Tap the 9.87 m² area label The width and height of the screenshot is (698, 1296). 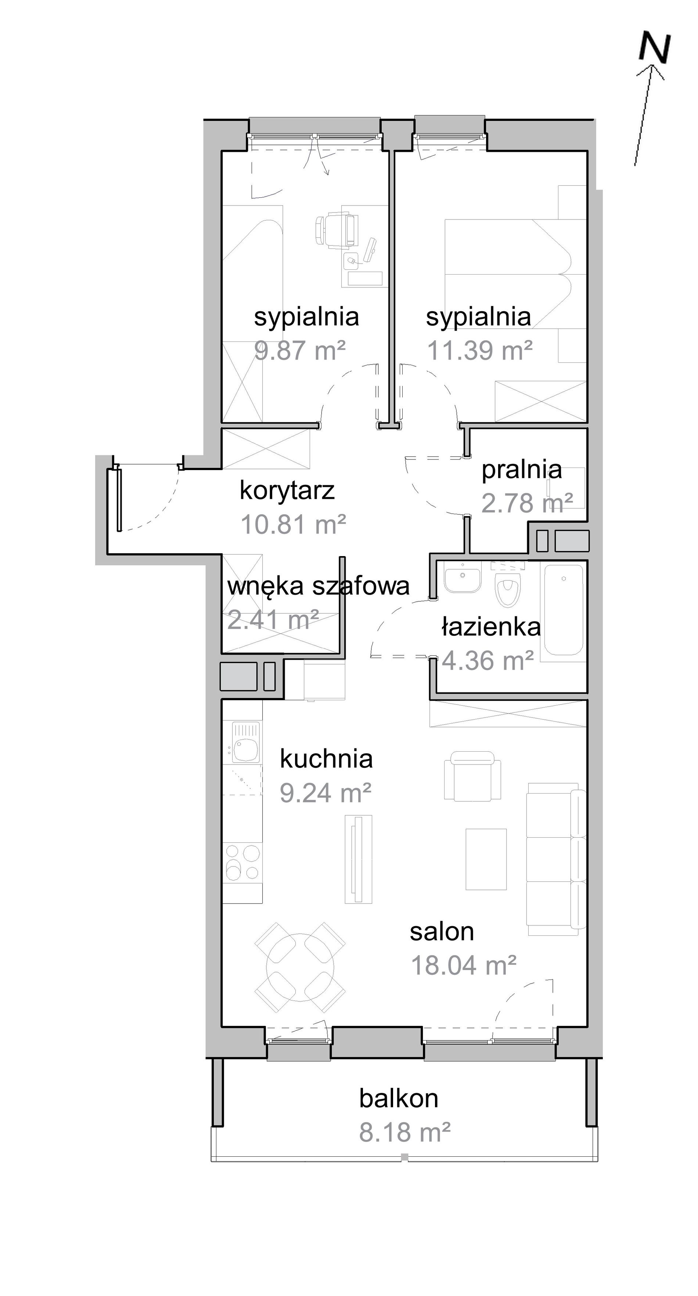(x=300, y=350)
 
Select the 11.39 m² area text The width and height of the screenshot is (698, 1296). (x=480, y=350)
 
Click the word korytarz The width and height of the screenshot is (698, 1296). (x=287, y=491)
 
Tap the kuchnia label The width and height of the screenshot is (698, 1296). (x=326, y=759)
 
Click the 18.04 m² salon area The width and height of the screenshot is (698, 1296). (x=464, y=965)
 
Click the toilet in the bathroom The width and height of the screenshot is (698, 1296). (x=508, y=584)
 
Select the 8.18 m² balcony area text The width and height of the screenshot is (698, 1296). (x=405, y=1132)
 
